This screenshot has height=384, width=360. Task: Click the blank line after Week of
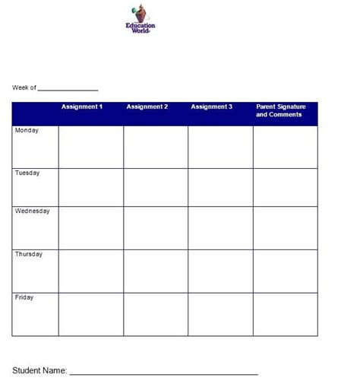click(x=68, y=89)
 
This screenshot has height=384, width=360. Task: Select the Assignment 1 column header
click(x=82, y=107)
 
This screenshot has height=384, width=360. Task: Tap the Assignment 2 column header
click(x=147, y=107)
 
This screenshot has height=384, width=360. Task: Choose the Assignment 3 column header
click(x=212, y=107)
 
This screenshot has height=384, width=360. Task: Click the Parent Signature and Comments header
click(x=280, y=111)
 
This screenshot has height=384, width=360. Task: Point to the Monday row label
click(x=27, y=131)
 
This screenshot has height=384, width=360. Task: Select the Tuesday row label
click(x=27, y=173)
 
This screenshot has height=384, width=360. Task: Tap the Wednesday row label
click(x=33, y=211)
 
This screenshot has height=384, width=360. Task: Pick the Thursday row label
click(x=29, y=255)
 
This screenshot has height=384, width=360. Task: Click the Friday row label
click(x=24, y=298)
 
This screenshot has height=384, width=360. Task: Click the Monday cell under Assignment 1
click(x=90, y=147)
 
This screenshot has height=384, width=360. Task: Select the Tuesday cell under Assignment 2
click(x=156, y=187)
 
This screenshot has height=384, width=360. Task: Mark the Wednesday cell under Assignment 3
click(x=220, y=227)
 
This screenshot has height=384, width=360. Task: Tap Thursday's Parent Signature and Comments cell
click(x=286, y=271)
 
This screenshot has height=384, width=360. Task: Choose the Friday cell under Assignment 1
click(x=90, y=314)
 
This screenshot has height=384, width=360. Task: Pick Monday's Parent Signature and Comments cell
click(x=286, y=147)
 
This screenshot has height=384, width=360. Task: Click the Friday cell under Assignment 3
click(x=220, y=314)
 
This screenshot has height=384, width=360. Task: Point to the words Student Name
click(x=39, y=371)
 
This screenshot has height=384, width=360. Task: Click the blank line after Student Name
click(x=163, y=373)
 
